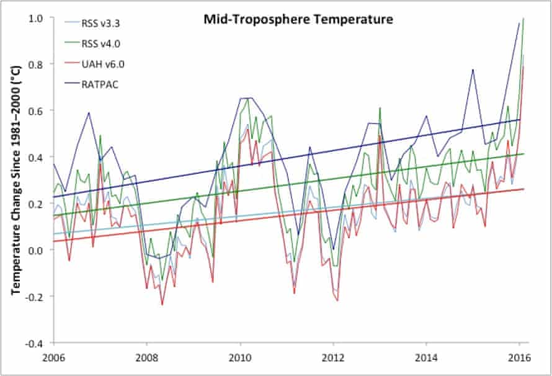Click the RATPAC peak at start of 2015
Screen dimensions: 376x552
tap(473, 69)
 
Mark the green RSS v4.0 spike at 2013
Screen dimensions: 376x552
tap(380, 108)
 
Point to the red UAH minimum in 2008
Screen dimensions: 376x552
tap(162, 305)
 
